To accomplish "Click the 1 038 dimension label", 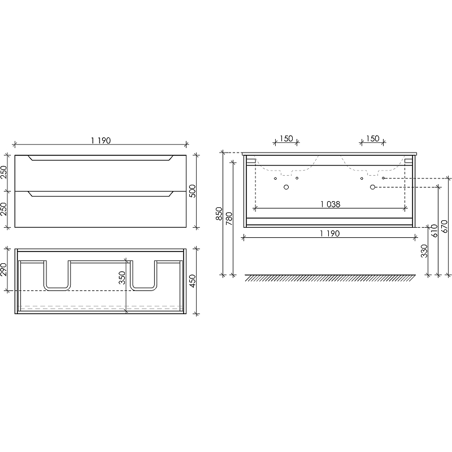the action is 331,205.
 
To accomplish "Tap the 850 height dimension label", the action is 219,214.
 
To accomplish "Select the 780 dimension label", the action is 229,219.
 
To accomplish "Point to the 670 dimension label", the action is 444,227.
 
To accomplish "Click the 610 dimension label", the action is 434,231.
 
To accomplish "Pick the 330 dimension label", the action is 424,251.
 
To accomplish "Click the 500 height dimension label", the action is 192,191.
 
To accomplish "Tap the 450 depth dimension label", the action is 192,281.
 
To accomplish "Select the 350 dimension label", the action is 122,277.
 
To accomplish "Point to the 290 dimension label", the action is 3,270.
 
